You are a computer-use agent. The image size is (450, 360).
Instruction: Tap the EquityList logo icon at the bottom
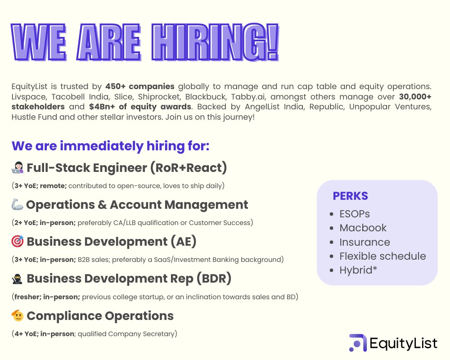358,343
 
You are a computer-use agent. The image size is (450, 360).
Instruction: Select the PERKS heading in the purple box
350,196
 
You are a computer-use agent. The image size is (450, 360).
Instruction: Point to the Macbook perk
363,228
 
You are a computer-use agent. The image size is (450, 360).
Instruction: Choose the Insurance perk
364,242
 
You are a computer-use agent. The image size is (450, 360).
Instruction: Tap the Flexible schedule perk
382,256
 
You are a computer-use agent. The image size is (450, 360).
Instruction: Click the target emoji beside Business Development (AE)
17,242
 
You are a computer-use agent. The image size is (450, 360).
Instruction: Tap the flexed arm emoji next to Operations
17,205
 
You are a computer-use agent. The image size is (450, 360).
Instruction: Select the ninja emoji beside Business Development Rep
17,279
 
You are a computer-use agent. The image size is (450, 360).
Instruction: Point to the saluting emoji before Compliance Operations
17,316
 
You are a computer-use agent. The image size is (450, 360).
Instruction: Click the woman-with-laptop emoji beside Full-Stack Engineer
17,168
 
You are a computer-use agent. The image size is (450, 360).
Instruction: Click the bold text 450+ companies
140,86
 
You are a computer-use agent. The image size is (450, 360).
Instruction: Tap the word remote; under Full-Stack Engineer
55,185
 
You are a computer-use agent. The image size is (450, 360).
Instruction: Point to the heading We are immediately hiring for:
111,146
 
